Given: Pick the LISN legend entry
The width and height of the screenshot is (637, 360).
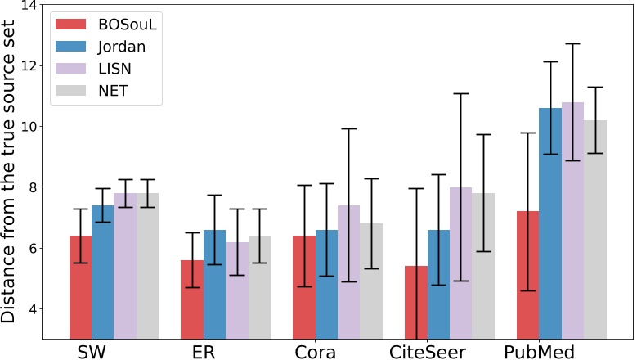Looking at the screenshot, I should pos(115,69).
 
